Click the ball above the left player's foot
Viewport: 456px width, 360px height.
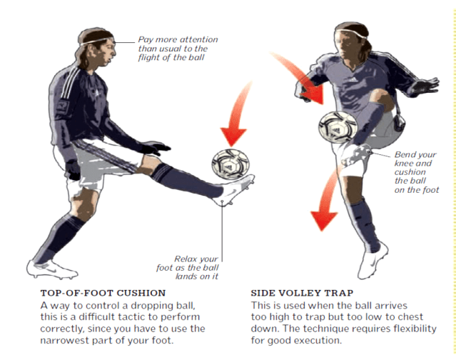[230, 164]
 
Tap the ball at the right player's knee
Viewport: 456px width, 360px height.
[338, 127]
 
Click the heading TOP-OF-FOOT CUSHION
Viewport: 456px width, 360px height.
[103, 293]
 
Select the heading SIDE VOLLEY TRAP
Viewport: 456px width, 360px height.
[302, 293]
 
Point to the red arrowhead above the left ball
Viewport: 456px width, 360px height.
[233, 136]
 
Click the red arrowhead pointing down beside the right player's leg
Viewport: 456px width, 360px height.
[324, 221]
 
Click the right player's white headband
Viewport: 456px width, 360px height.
[351, 33]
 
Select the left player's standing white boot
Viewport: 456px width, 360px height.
[52, 269]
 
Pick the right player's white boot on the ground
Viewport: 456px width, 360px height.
[373, 261]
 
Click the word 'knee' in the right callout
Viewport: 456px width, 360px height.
[405, 164]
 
